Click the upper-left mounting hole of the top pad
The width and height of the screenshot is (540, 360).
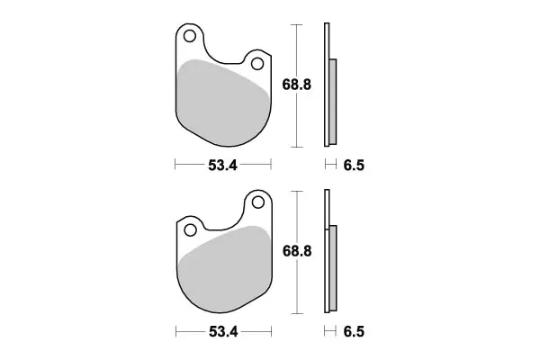189,37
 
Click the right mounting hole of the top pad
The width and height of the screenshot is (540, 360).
257,64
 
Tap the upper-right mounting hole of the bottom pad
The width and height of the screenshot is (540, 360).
257,202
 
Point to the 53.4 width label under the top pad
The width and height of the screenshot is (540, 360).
222,166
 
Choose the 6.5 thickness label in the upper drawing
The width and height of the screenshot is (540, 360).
354,166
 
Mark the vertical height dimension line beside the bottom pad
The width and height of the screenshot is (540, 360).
296,288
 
